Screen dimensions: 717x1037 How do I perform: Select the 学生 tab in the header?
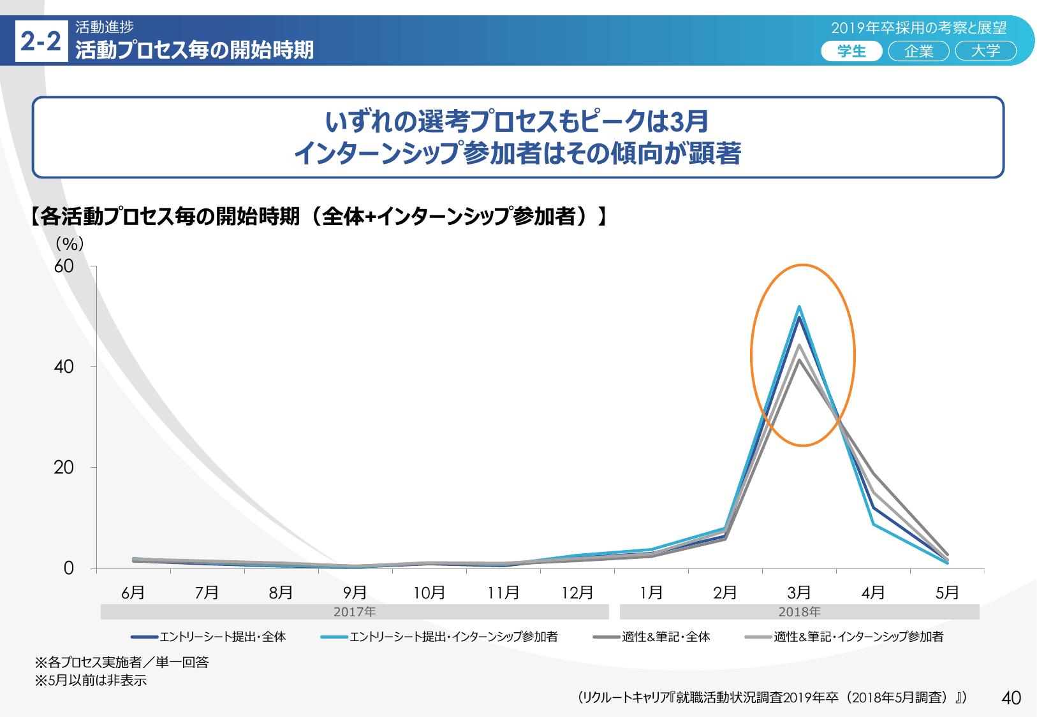pyautogui.click(x=851, y=51)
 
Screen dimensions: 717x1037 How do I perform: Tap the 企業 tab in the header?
pyautogui.click(x=918, y=51)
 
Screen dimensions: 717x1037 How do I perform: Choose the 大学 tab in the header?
pyautogui.click(x=985, y=51)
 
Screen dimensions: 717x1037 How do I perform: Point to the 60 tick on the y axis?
pyautogui.click(x=64, y=266)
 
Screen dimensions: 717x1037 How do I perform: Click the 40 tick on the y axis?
pyautogui.click(x=64, y=367)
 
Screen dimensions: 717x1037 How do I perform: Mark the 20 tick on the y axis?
pyautogui.click(x=64, y=468)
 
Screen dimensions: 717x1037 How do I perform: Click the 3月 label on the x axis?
pyautogui.click(x=799, y=593)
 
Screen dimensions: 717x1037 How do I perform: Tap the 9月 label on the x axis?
pyautogui.click(x=355, y=593)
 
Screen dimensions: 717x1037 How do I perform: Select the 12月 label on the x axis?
pyautogui.click(x=577, y=593)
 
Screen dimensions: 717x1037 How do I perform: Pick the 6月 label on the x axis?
pyautogui.click(x=133, y=593)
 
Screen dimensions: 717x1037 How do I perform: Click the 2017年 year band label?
pyautogui.click(x=355, y=612)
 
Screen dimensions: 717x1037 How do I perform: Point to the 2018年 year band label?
pyautogui.click(x=799, y=612)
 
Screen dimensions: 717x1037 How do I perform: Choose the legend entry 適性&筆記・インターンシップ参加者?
pyautogui.click(x=858, y=637)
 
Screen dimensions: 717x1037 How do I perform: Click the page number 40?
pyautogui.click(x=1011, y=698)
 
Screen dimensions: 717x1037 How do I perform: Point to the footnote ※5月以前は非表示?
pyautogui.click(x=91, y=681)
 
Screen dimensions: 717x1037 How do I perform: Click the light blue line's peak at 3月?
pyautogui.click(x=799, y=307)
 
